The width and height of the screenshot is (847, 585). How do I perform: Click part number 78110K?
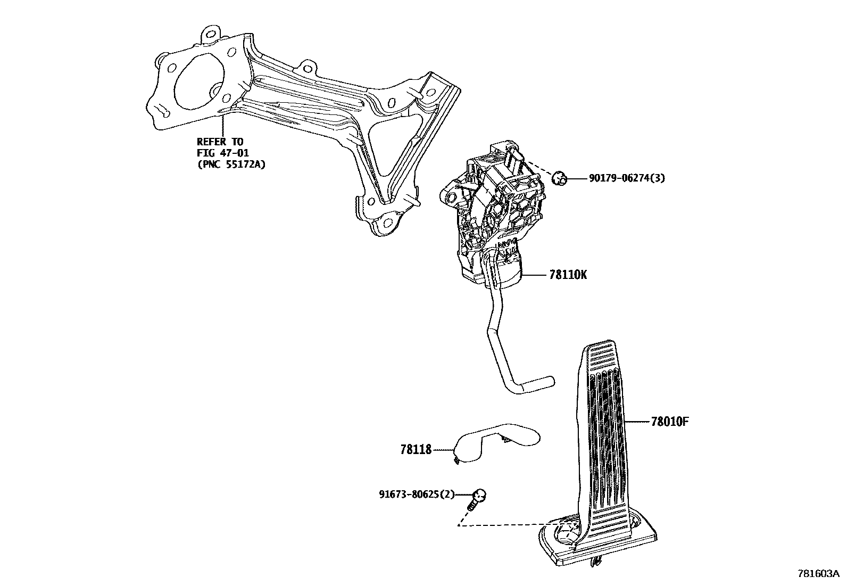click(x=568, y=275)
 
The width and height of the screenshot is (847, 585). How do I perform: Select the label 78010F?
click(x=670, y=422)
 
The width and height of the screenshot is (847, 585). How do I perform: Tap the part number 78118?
click(x=416, y=450)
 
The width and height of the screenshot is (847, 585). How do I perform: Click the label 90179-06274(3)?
click(x=627, y=179)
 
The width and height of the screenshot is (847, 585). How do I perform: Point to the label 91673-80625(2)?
click(x=417, y=494)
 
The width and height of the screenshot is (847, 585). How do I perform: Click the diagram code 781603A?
click(x=818, y=574)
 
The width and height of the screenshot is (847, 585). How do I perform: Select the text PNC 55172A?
click(x=231, y=164)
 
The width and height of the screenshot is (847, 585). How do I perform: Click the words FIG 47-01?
click(x=223, y=153)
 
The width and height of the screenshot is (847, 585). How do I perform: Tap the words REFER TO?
click(x=220, y=142)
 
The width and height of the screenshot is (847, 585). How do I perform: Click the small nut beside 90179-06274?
click(x=559, y=178)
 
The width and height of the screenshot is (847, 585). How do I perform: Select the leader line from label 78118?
click(x=443, y=450)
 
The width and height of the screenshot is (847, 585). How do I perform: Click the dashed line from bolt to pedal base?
click(x=500, y=525)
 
